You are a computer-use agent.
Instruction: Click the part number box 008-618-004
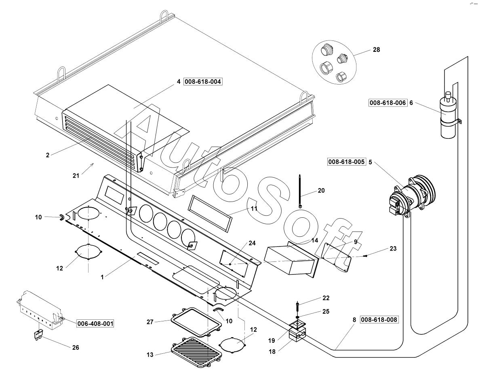click(203, 82)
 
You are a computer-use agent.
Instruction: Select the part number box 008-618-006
click(388, 103)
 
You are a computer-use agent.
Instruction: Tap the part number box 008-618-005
click(346, 162)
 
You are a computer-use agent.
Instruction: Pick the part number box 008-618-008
click(379, 320)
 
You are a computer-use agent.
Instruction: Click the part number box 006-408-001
click(95, 323)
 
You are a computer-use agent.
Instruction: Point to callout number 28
click(377, 50)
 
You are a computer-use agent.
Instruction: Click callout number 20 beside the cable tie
click(321, 191)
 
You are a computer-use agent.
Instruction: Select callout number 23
click(393, 249)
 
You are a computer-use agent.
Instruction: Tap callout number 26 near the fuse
click(76, 348)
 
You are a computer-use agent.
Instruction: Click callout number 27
click(150, 322)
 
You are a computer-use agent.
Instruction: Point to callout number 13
click(150, 355)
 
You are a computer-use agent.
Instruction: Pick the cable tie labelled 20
click(300, 191)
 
